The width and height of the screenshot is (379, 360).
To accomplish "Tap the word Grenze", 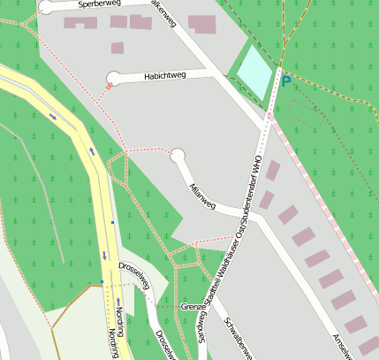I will tap(193, 306).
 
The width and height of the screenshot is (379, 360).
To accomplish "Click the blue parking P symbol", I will tap(285, 80).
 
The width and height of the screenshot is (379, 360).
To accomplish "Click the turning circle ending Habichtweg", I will tap(113, 78).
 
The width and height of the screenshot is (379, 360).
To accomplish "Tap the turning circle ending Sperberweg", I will tap(46, 7).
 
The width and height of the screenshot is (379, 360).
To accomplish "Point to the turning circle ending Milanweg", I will tap(178, 157).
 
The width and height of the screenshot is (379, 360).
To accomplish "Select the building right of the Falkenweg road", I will tap(201, 24).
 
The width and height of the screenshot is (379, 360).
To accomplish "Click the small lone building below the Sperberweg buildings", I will tap(117, 48).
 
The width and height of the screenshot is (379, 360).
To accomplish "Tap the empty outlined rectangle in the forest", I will tap(304, 112).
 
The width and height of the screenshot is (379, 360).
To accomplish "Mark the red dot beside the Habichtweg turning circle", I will tap(109, 86).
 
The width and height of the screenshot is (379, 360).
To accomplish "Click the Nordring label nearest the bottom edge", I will tap(112, 343).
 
